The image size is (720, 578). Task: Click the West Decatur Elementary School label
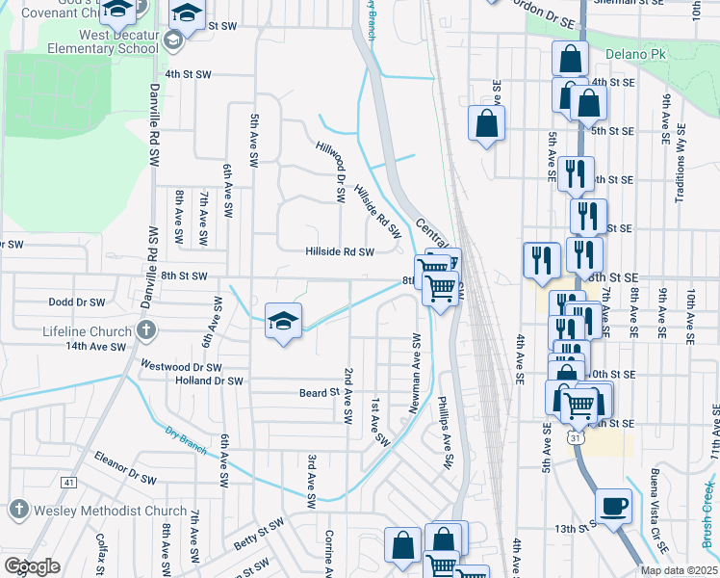105,41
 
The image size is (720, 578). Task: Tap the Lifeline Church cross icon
145,331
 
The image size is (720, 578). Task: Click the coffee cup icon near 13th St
613,505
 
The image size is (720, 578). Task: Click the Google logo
32,566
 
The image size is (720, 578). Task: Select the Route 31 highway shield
576,438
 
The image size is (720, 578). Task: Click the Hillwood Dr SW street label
332,170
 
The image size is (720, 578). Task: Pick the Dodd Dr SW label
76,302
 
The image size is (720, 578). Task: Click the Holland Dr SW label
209,381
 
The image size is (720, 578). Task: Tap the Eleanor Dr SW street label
125,467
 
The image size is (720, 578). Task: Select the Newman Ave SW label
417,375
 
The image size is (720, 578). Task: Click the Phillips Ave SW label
446,433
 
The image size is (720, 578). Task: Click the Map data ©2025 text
679,570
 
